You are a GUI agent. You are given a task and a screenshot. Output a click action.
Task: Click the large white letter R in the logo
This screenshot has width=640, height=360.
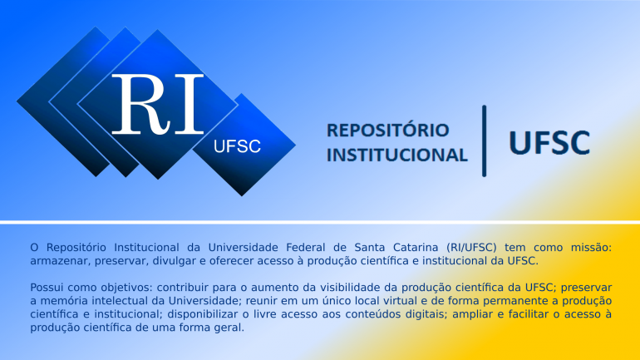pyautogui.click(x=140, y=105)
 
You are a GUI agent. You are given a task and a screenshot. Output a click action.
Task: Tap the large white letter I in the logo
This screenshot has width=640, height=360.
pyautogui.click(x=189, y=105)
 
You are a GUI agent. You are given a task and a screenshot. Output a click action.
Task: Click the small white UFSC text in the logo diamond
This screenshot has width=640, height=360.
pyautogui.click(x=237, y=146)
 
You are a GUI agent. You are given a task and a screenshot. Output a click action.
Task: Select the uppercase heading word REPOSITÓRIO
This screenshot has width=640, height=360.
pyautogui.click(x=388, y=131)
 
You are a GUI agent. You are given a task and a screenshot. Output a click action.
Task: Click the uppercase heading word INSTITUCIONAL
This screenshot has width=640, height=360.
pyautogui.click(x=397, y=155)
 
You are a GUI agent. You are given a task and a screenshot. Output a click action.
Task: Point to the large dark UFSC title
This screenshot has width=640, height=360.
pyautogui.click(x=549, y=142)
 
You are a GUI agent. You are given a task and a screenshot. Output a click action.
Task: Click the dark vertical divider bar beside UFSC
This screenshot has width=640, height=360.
pyautogui.click(x=484, y=141)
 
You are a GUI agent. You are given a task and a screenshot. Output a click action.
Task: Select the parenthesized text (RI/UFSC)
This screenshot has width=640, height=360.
pyautogui.click(x=471, y=248)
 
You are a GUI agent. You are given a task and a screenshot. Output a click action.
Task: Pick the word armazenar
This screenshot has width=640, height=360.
pyautogui.click(x=59, y=261)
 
